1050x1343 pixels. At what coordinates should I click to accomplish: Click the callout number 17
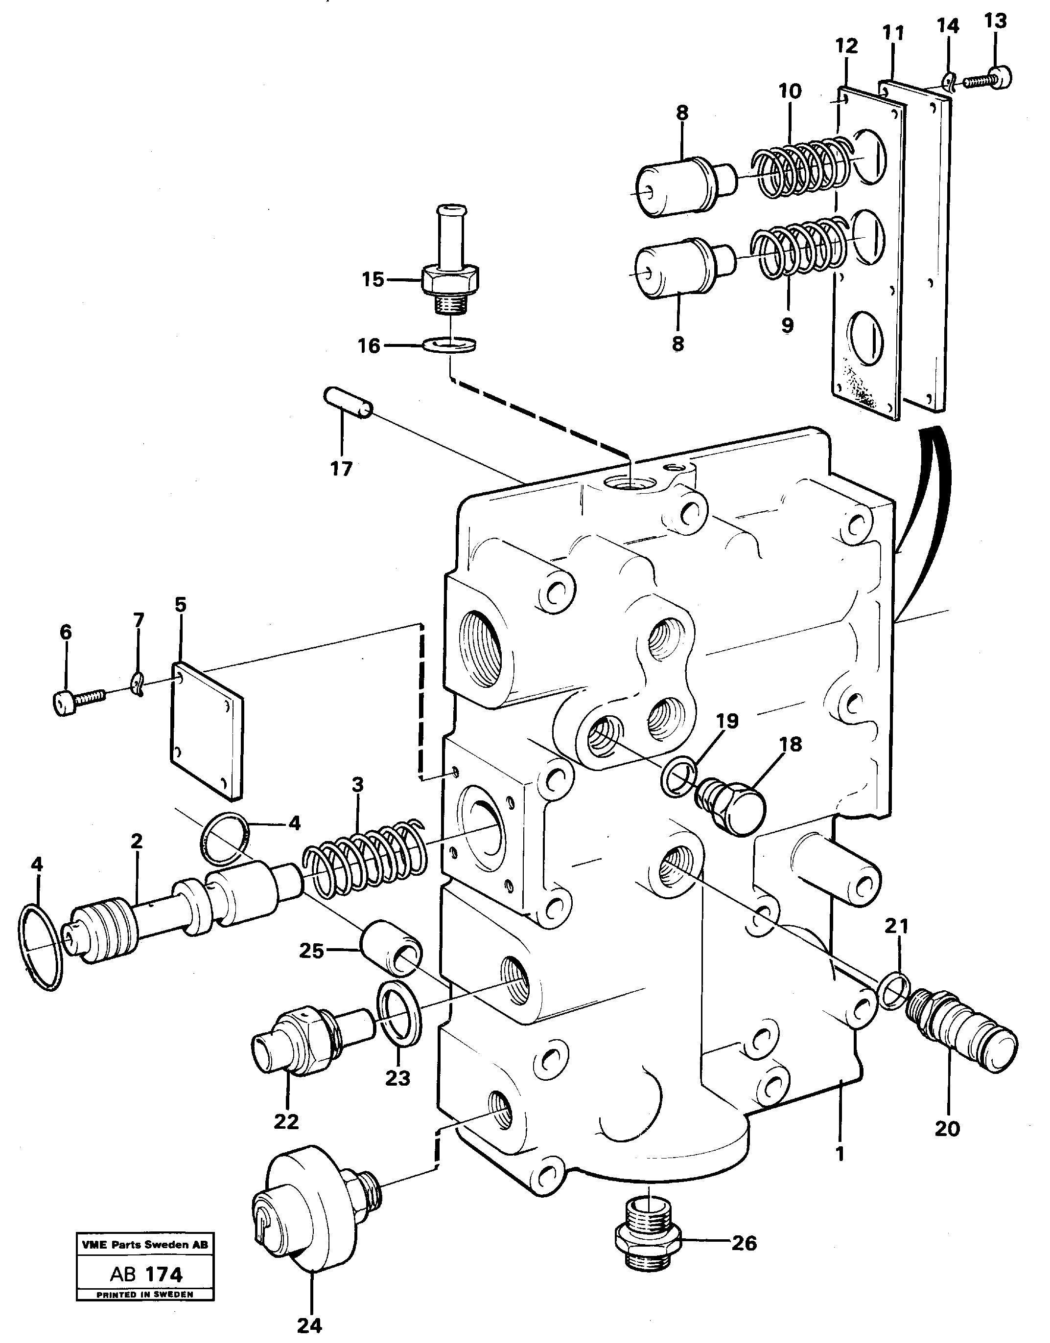[x=341, y=469]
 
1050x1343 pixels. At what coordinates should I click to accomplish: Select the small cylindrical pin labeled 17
[x=348, y=404]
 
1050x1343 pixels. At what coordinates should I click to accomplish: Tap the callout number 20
[x=947, y=1129]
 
